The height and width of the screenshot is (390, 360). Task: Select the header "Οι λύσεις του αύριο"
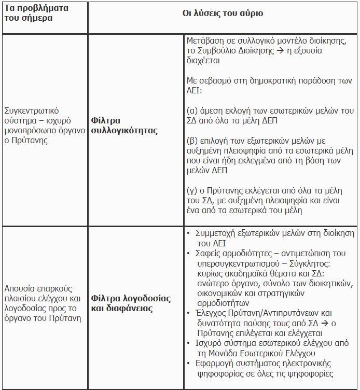(222, 13)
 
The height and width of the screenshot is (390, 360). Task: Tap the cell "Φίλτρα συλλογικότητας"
(124, 126)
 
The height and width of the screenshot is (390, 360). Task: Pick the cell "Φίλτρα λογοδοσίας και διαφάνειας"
(131, 303)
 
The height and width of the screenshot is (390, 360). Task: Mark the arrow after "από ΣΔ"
(314, 323)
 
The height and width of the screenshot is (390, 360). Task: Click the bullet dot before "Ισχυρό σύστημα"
(189, 343)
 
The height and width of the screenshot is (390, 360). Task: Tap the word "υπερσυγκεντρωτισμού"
(237, 263)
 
